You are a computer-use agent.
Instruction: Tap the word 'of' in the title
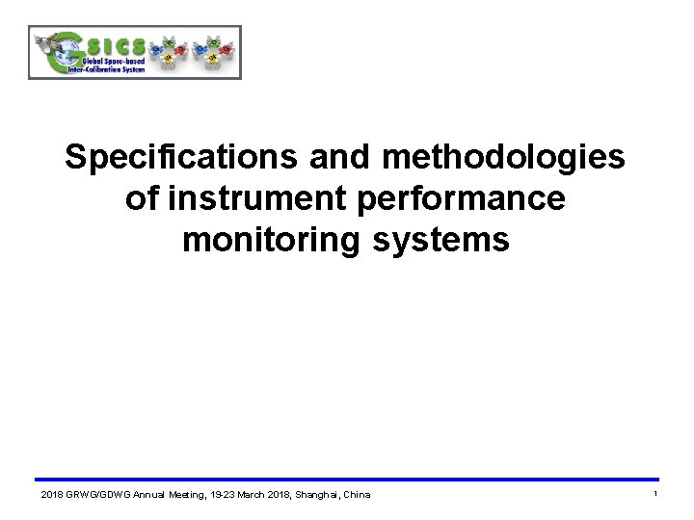point(142,198)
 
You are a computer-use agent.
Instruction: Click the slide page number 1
point(654,494)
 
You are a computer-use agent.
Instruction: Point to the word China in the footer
point(354,495)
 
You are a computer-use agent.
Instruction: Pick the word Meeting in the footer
point(186,495)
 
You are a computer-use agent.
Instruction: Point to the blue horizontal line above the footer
point(347,480)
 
